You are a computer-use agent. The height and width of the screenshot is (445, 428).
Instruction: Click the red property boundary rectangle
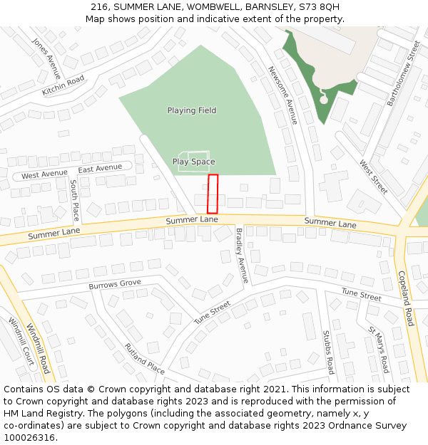pyautogui.click(x=213, y=194)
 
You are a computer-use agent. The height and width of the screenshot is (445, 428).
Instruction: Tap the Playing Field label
pyautogui.click(x=192, y=110)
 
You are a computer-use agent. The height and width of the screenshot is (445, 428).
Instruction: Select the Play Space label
pyautogui.click(x=193, y=162)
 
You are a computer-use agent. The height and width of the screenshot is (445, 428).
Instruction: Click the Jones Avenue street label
pyautogui.click(x=47, y=54)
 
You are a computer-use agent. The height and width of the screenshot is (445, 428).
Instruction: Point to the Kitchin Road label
pyautogui.click(x=63, y=85)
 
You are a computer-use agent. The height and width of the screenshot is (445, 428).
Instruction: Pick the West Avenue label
pyautogui.click(x=44, y=174)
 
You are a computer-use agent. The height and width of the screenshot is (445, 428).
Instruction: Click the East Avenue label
pyautogui.click(x=100, y=169)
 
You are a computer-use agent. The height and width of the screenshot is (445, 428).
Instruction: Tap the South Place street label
pyautogui.click(x=75, y=199)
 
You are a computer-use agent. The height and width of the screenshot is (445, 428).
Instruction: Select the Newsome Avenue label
pyautogui.click(x=282, y=95)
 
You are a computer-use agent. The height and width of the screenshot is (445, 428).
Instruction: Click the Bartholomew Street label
pyautogui.click(x=404, y=73)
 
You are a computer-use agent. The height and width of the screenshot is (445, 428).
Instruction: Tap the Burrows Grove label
pyautogui.click(x=115, y=284)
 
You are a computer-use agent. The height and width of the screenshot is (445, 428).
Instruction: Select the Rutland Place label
pyautogui.click(x=145, y=359)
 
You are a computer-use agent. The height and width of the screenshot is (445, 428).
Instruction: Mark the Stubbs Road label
pyautogui.click(x=327, y=352)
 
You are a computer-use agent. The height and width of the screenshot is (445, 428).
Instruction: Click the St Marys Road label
pyautogui.click(x=378, y=350)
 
